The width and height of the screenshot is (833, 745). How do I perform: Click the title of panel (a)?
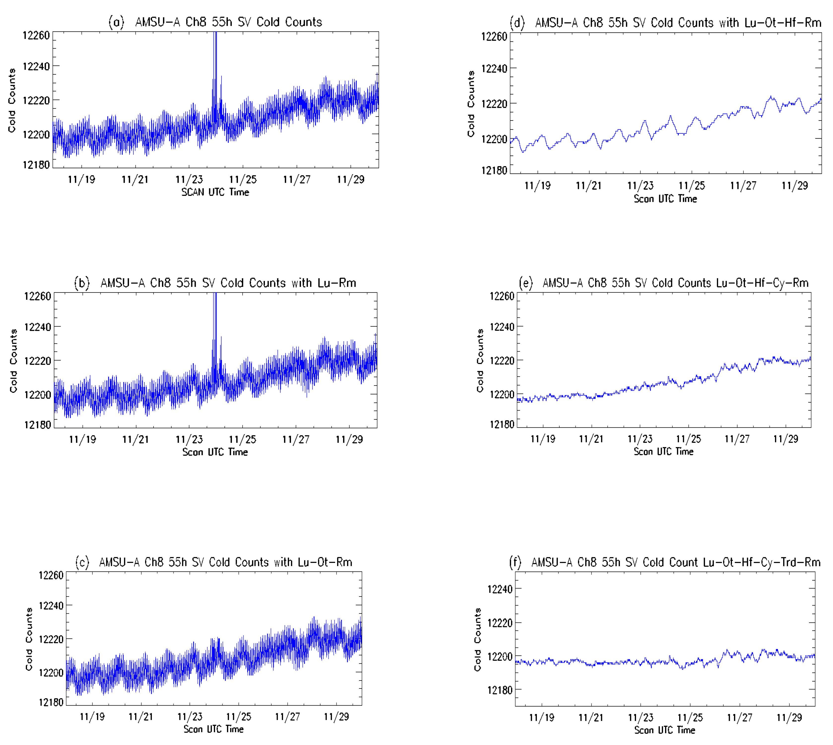tap(215, 22)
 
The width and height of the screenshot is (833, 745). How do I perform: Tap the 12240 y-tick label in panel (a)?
tap(36, 66)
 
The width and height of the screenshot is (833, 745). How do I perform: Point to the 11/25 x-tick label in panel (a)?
tap(243, 179)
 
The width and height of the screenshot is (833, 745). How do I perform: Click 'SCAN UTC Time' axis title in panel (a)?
tap(215, 192)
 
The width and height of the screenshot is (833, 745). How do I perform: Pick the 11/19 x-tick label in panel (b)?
tap(82, 440)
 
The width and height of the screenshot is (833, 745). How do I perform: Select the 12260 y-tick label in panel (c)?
tap(51, 575)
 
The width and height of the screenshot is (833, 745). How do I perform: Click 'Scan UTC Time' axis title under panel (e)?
tap(664, 451)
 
